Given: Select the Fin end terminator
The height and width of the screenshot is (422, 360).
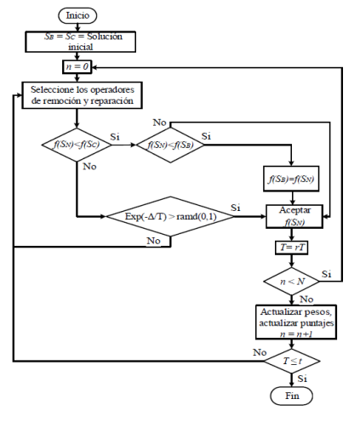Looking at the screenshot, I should click(x=291, y=396).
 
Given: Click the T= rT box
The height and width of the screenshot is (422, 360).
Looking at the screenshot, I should click(x=291, y=248).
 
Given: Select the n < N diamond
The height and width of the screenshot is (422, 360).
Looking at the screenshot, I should click(x=291, y=280).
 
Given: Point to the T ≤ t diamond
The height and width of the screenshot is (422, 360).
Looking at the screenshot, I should click(x=291, y=362).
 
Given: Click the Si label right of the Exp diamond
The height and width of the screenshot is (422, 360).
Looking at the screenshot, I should click(x=237, y=208).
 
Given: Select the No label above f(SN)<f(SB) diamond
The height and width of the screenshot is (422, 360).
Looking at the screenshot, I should click(x=160, y=123).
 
